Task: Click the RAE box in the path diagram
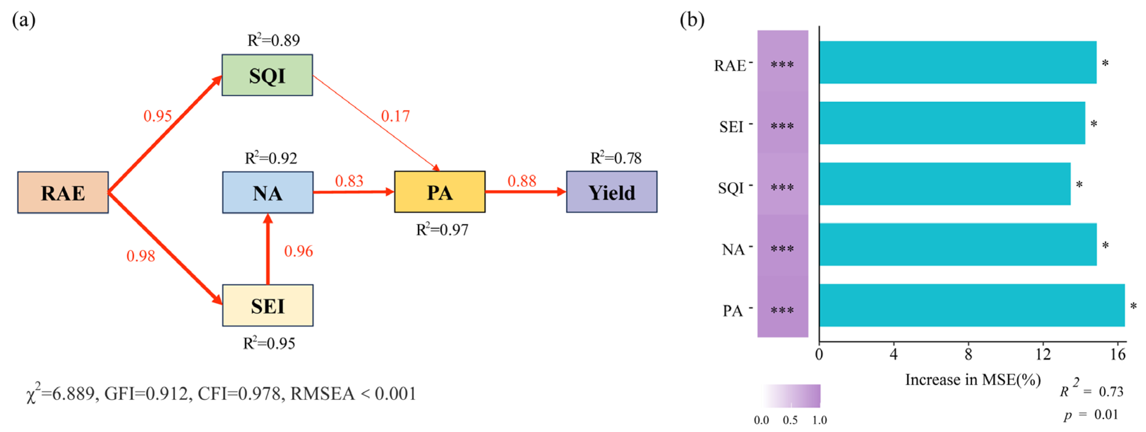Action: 63,192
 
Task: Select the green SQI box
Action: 267,75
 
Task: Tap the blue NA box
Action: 267,192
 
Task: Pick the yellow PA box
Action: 440,192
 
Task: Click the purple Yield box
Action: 611,192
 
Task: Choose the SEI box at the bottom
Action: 267,305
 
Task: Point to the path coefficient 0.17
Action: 395,116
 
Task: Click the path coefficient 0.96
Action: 299,251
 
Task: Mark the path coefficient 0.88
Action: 522,181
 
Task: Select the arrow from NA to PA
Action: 354,192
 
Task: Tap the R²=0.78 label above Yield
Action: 616,158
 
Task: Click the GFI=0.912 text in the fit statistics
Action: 146,394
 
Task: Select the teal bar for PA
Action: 972,305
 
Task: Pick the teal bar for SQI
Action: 944,184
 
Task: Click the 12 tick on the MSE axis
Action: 1043,355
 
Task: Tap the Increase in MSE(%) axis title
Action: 973,380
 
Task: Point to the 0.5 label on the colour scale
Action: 790,420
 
